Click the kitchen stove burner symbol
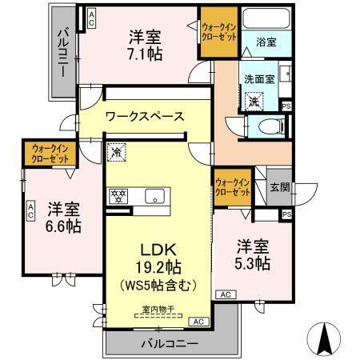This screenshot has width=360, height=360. click(118, 194)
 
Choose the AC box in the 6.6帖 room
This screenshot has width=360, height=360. click(30, 210)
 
